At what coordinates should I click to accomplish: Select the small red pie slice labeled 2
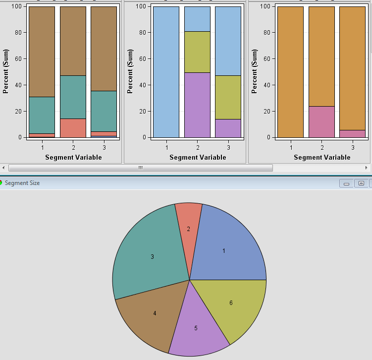tap(189, 223)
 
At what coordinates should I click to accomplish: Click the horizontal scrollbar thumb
tap(140, 168)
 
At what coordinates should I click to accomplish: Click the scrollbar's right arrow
tap(367, 168)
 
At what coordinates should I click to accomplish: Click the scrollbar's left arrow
tap(3, 168)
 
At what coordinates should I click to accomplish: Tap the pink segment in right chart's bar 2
tap(321, 121)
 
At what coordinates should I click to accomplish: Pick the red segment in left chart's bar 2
tap(73, 128)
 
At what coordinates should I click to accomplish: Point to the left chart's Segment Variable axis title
tap(73, 157)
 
